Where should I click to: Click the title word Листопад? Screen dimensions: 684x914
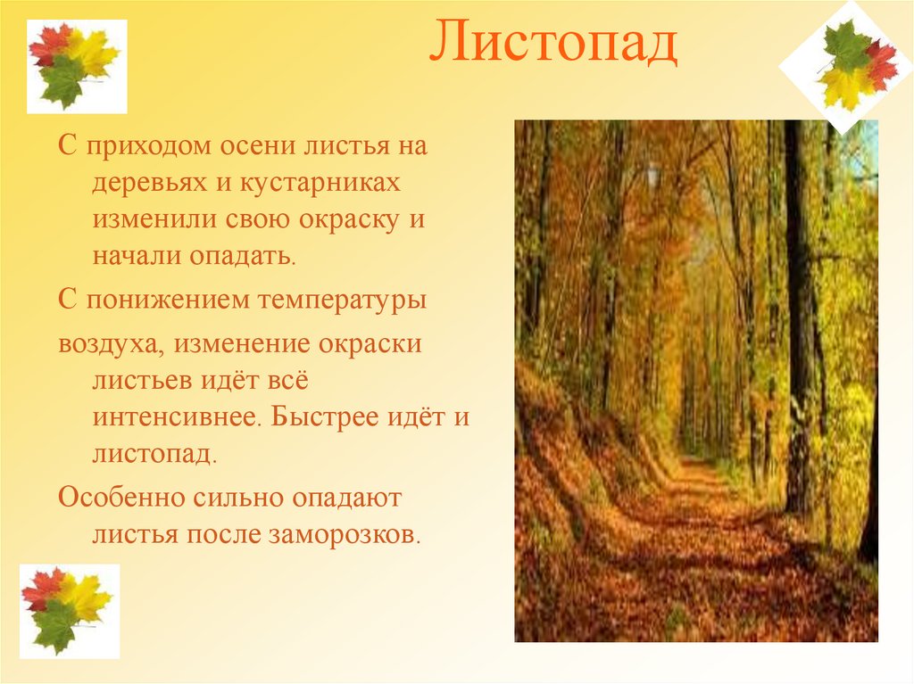553,45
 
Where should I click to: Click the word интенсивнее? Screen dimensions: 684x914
177,417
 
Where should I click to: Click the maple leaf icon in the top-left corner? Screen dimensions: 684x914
76,66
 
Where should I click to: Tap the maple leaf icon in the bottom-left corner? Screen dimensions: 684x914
69,610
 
